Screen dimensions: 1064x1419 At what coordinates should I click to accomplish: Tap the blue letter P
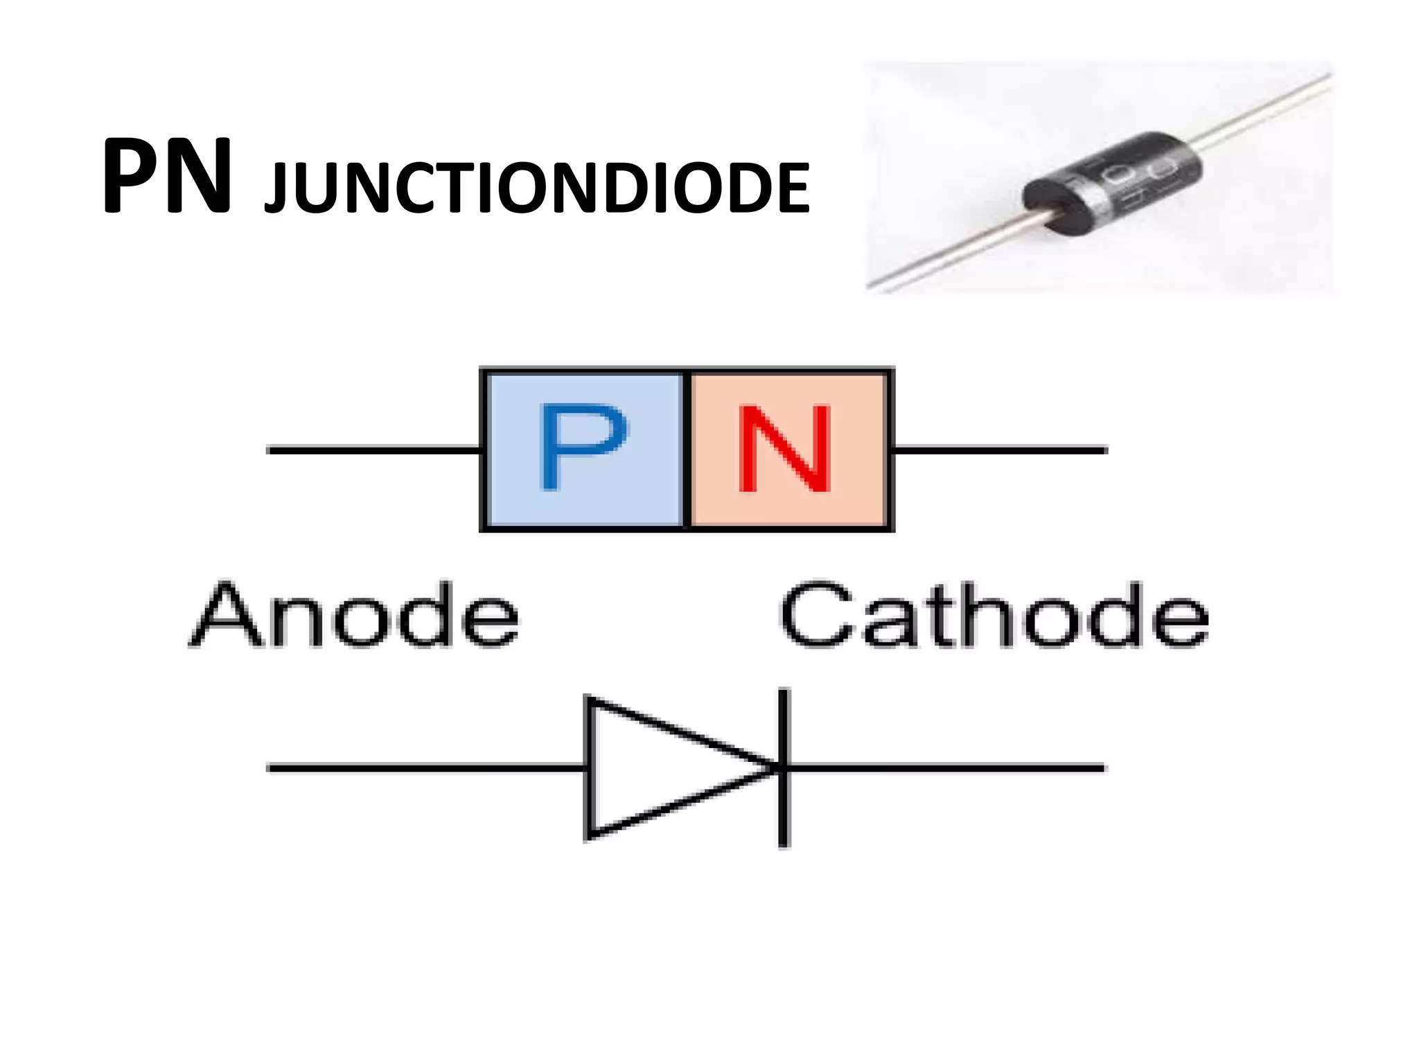coord(582,447)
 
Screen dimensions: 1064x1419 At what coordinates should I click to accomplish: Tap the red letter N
coord(785,448)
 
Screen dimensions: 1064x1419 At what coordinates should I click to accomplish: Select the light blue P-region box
coord(516,499)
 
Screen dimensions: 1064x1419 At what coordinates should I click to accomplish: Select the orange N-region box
coord(859,499)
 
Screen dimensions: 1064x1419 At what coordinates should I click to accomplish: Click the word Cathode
coord(994,615)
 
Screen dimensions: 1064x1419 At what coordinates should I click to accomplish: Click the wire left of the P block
coord(374,450)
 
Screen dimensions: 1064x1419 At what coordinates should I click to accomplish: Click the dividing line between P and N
coord(687,450)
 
